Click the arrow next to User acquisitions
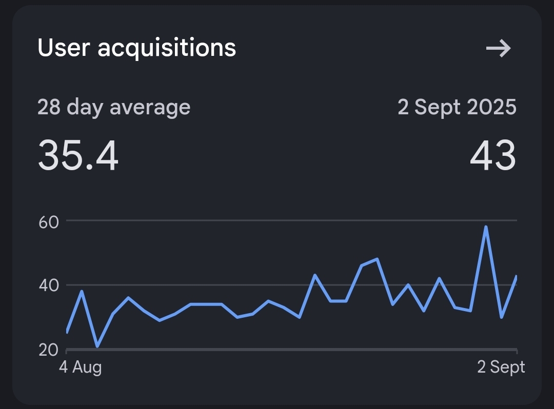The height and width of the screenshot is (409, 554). coord(499,49)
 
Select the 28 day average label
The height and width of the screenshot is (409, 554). coord(114,108)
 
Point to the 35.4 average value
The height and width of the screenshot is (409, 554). coord(78,155)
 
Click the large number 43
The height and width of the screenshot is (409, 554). coord(492,155)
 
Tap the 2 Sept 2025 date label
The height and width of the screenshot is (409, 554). coord(457,108)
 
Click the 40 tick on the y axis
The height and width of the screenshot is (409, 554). coord(48,285)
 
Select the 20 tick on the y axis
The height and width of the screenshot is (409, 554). coord(48,350)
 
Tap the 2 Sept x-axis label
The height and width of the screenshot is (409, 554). coord(501,367)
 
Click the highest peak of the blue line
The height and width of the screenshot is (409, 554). coord(485,227)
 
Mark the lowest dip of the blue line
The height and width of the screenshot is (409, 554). coord(97,346)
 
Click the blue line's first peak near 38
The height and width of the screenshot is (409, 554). coord(82,292)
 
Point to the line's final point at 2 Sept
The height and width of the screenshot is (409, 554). coord(516,277)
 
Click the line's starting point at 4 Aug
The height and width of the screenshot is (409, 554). coord(67,332)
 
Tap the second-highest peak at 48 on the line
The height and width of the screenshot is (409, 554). coord(377,259)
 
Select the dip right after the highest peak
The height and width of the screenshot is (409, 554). coord(501,317)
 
